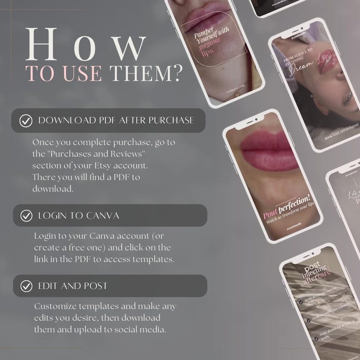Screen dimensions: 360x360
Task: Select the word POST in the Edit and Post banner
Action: coord(95,286)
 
